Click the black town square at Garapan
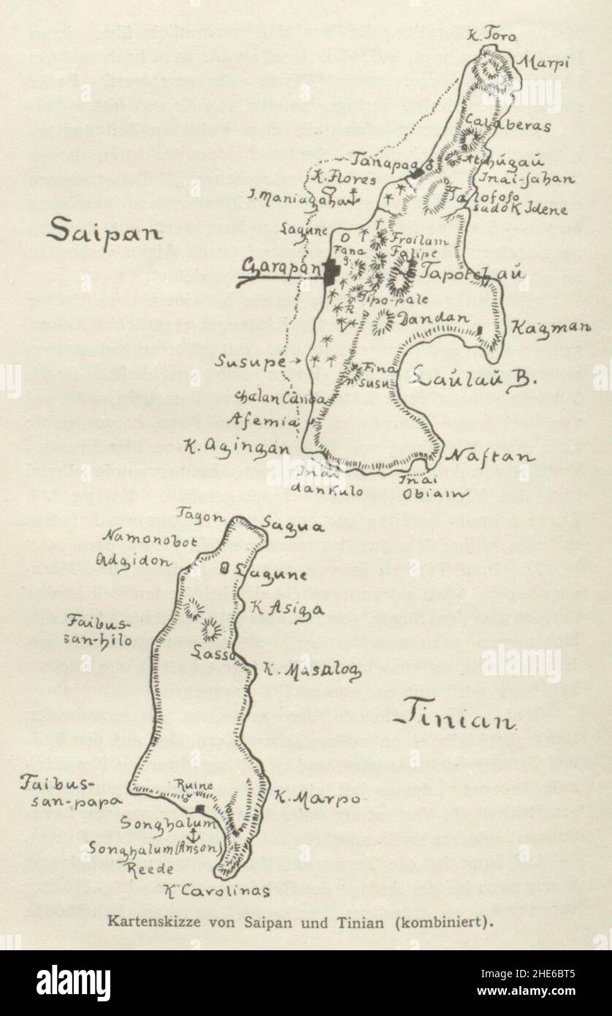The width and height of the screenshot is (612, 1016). (332, 271)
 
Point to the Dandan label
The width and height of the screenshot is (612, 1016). (424, 319)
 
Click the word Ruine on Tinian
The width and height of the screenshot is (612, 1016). (194, 786)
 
